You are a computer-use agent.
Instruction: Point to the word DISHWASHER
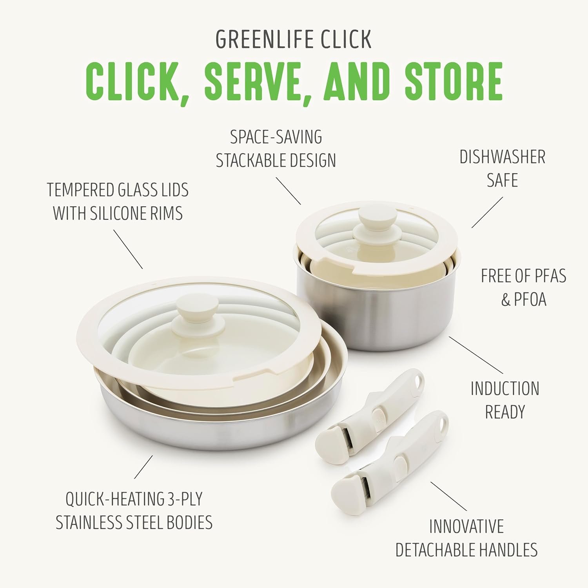click(502, 157)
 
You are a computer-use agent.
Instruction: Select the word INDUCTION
click(505, 389)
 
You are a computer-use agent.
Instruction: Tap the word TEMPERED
click(80, 190)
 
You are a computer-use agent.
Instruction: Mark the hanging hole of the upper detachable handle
click(419, 380)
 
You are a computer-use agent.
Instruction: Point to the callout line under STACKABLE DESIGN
click(289, 191)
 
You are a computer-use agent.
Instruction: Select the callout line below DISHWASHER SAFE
click(487, 212)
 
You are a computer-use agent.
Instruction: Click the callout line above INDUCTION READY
click(476, 354)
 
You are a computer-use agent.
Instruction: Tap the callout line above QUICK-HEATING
click(143, 467)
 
